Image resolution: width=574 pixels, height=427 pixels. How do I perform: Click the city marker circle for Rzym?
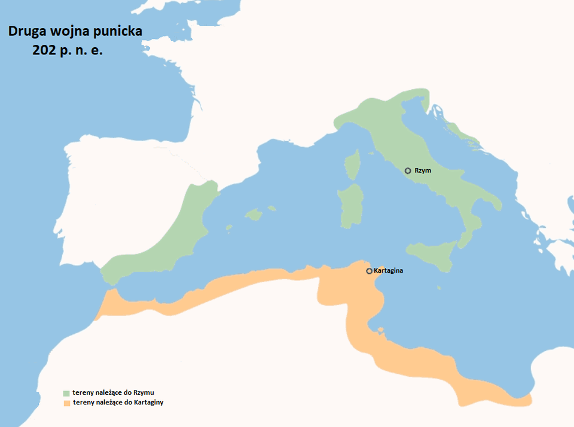pos(408,170)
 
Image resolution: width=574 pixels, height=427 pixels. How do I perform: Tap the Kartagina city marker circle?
pos(369,271)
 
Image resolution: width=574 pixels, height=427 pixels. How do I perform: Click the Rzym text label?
pos(422,170)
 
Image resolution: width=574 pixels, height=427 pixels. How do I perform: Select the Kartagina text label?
pos(388,271)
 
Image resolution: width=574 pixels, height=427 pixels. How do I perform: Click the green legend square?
pos(66,393)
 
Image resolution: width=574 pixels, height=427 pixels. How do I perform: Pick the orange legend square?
pos(66,403)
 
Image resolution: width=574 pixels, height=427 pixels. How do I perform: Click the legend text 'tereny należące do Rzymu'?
pos(114,392)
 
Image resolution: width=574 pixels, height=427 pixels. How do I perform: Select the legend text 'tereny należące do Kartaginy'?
pos(118,402)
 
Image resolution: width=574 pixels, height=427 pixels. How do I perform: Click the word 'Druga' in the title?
pos(28,31)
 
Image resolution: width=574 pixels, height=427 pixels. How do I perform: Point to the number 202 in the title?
pos(45,51)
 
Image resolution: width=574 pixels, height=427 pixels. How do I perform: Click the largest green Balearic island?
pos(254,214)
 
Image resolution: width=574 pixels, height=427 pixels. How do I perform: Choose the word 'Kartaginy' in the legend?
pos(148,402)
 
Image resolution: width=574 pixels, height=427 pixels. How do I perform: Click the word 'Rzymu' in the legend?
pos(145,392)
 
